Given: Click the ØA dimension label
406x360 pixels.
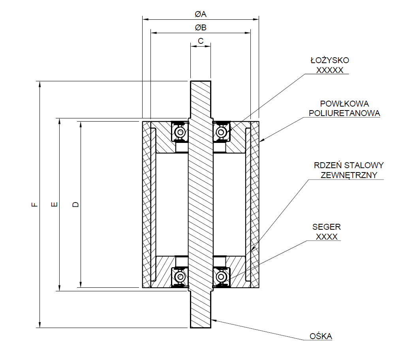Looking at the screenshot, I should [201, 14].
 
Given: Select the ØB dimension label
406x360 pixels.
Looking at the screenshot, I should [201, 28].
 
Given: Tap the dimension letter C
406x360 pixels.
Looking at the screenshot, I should [201, 41].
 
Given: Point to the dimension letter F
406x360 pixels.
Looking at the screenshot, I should [35, 204].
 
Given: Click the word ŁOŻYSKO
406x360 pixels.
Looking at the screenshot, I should [330, 60].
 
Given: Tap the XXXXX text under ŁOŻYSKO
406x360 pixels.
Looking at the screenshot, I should [330, 70].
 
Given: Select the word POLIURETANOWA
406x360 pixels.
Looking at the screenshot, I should [344, 113].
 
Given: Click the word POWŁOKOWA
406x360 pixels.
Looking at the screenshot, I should [344, 104].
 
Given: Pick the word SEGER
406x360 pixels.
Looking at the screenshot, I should [327, 227].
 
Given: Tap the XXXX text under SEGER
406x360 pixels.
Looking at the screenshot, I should [327, 236].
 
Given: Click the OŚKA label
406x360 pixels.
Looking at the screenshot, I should [321, 336].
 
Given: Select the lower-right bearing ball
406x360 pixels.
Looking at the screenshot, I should [221, 276].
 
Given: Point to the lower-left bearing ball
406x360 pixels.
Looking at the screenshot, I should [180, 276].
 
